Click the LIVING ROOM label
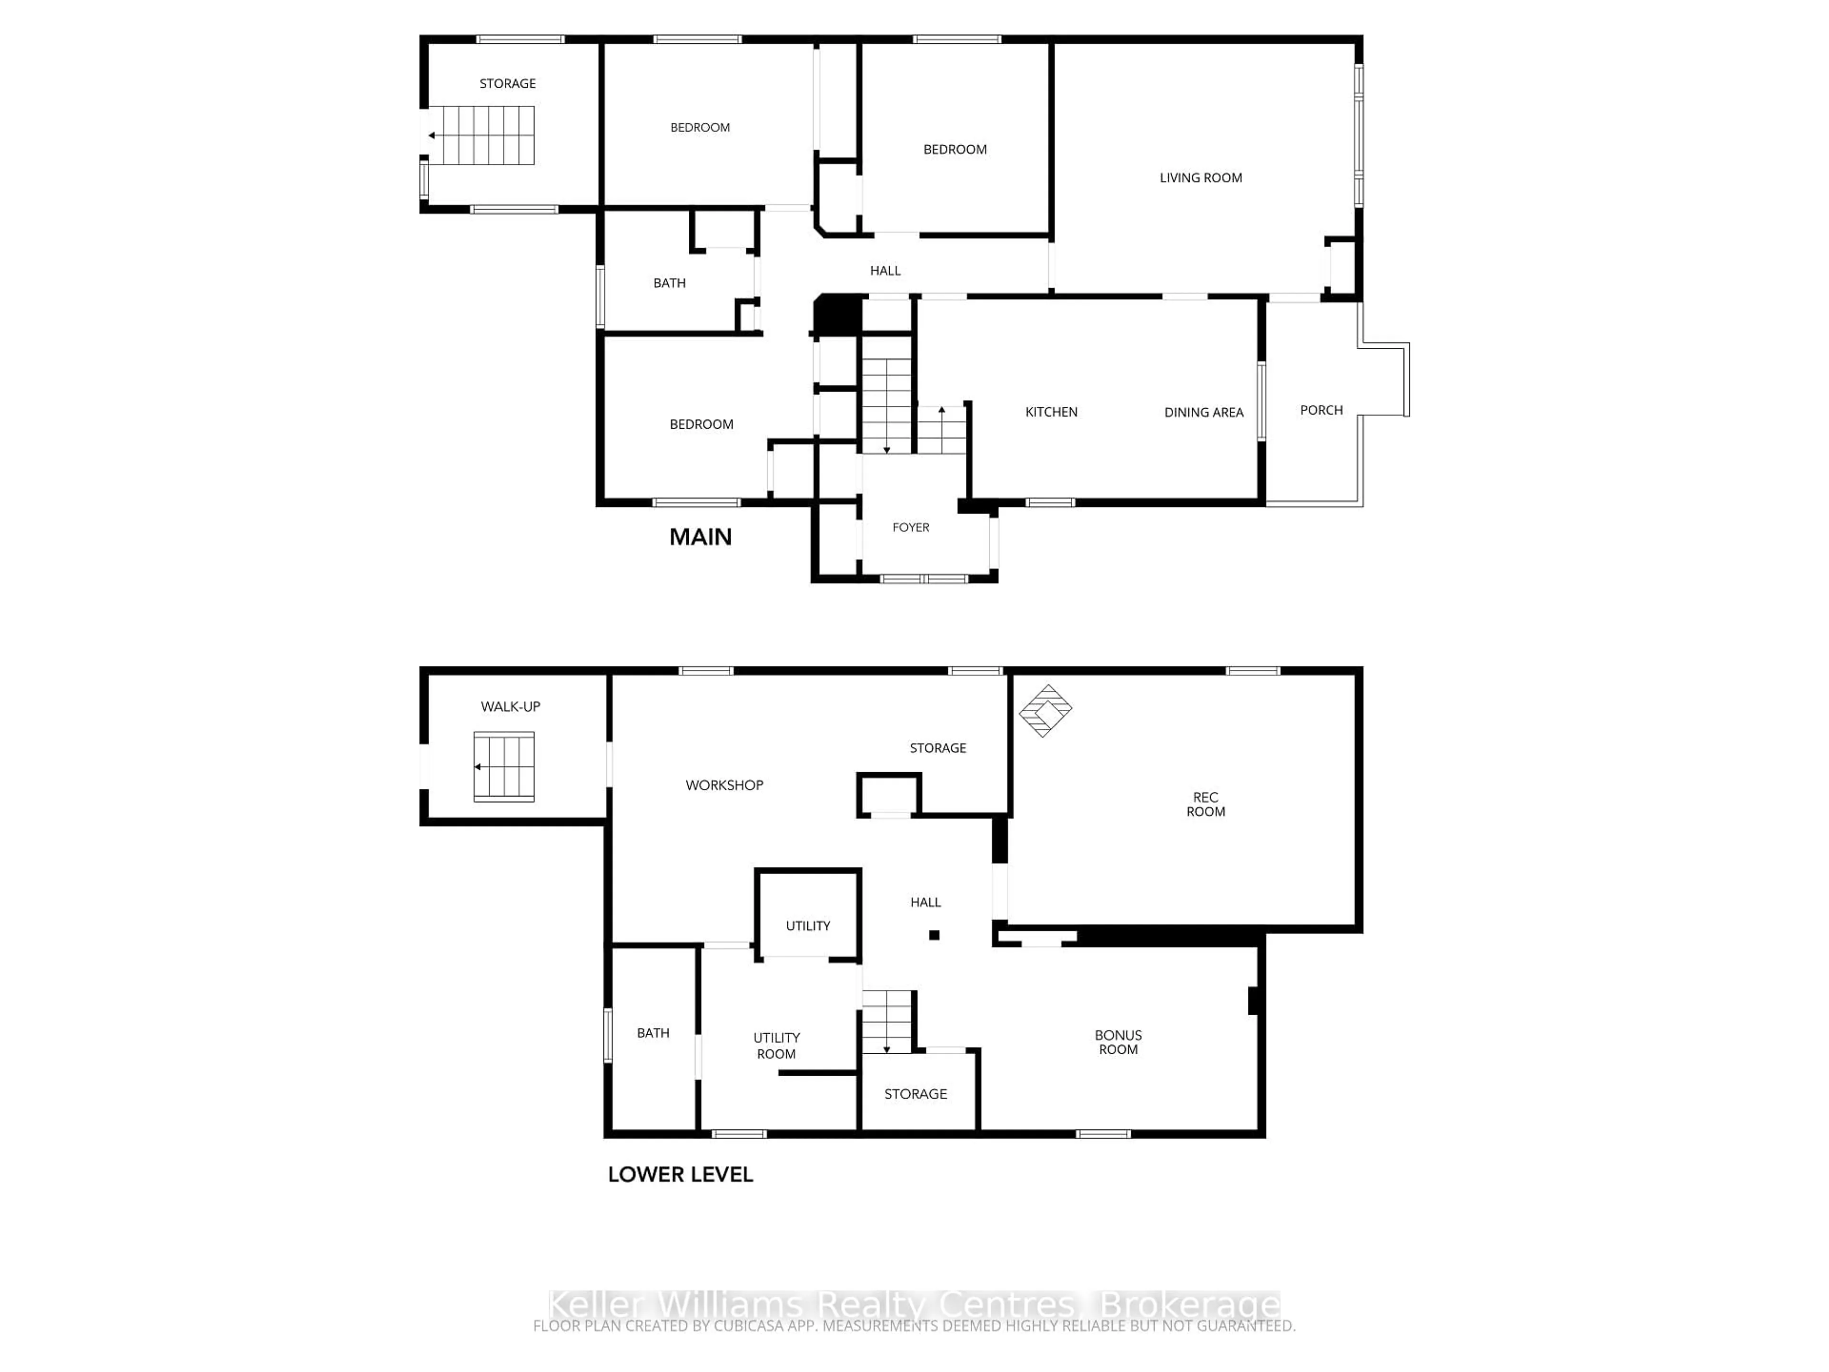click(x=1201, y=178)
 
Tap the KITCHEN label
click(x=1051, y=412)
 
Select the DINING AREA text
click(x=1203, y=412)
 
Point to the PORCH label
click(x=1320, y=410)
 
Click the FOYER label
click(x=910, y=528)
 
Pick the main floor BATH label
click(x=669, y=283)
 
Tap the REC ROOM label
click(x=1206, y=804)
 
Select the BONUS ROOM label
click(x=1118, y=1042)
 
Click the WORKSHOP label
click(x=724, y=785)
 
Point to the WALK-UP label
click(x=510, y=706)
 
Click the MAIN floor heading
click(x=700, y=537)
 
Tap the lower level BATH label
click(x=653, y=1033)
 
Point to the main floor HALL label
click(x=885, y=271)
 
